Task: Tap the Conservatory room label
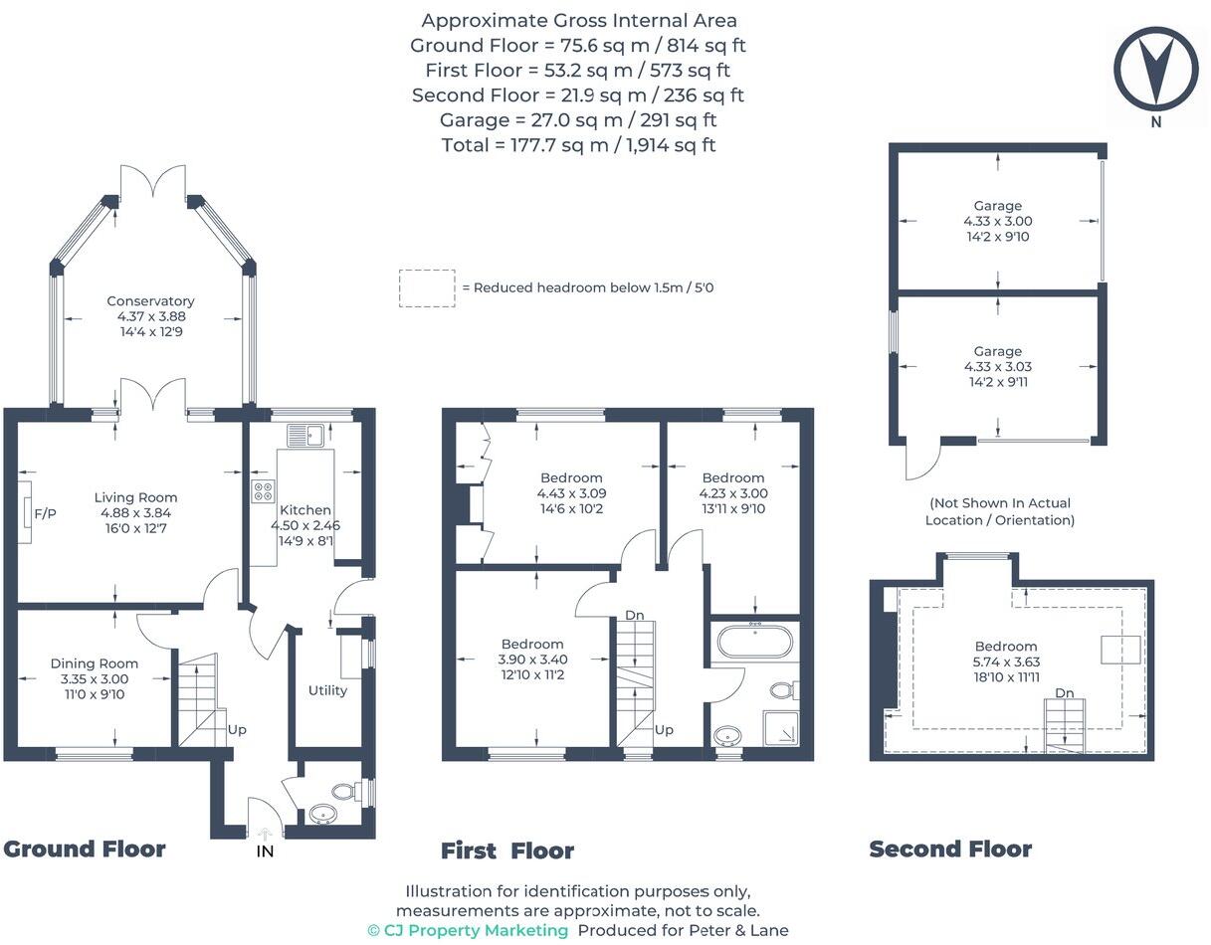tap(150, 301)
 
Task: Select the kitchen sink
tap(304, 435)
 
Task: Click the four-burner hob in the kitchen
tap(263, 491)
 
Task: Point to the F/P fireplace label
tap(45, 513)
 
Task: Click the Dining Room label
tap(95, 663)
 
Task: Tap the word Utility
tap(327, 690)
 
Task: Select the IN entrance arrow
tap(266, 835)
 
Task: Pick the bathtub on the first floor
tap(754, 642)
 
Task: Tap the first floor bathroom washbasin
tap(727, 736)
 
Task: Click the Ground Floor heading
tap(85, 850)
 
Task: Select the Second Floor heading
tap(950, 850)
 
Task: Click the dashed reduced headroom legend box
tap(427, 287)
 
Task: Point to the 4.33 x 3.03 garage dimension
tap(998, 366)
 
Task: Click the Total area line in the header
tap(578, 145)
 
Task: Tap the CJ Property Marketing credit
tap(468, 930)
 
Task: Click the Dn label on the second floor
tap(1065, 693)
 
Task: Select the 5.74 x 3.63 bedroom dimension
tap(1006, 661)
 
